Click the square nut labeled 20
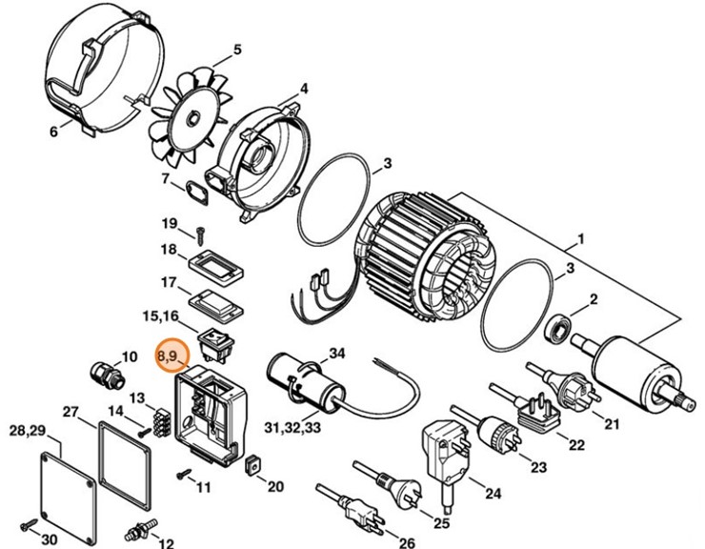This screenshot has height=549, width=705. tap(252, 465)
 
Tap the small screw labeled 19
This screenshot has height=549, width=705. tap(201, 232)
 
